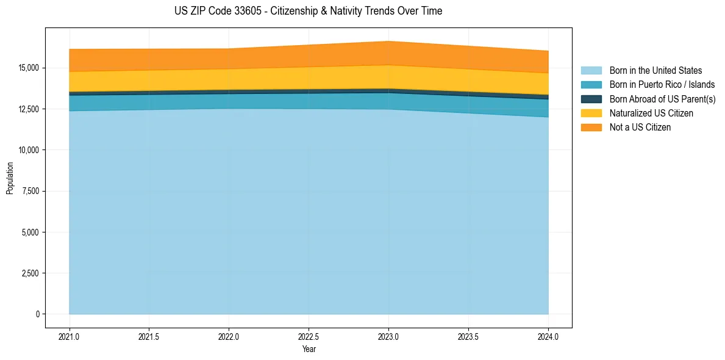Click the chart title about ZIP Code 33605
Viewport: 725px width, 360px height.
[308, 11]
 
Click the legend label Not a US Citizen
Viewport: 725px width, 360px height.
[640, 128]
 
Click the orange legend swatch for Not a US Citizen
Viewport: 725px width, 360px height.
[591, 128]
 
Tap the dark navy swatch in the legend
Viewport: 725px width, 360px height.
[591, 99]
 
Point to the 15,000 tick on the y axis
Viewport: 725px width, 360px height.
[29, 68]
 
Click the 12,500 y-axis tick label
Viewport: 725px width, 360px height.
[29, 109]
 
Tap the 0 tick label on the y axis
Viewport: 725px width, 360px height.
[38, 314]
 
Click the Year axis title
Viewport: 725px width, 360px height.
[309, 349]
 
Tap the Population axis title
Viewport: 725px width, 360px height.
[10, 178]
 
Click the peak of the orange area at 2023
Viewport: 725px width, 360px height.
[388, 42]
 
